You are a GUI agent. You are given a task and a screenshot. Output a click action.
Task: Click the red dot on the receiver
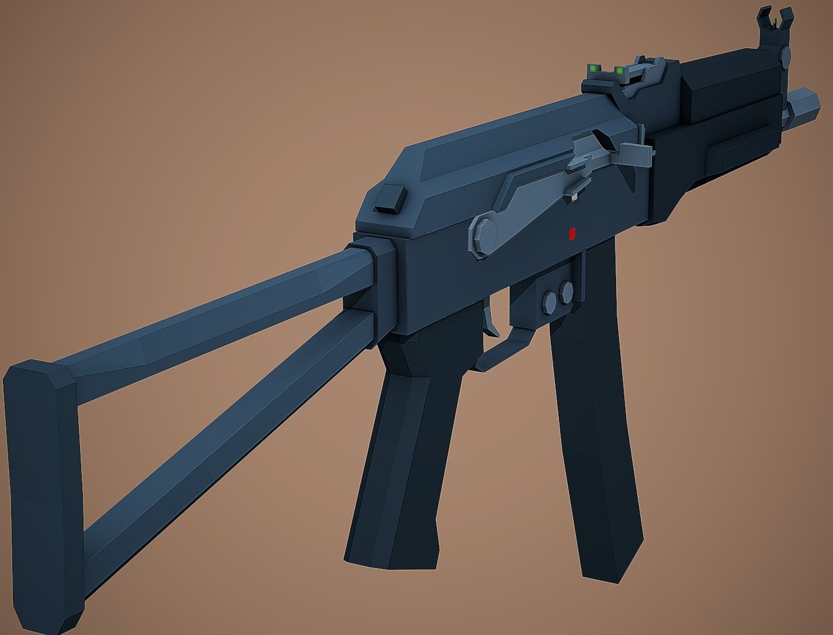570,235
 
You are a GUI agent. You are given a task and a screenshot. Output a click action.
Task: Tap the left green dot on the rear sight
594,69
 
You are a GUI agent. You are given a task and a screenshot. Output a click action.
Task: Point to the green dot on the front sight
774,22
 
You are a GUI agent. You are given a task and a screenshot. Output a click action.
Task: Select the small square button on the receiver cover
389,200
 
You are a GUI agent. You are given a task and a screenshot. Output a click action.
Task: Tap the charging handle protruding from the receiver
638,156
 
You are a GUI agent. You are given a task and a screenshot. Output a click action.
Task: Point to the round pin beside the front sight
785,56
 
